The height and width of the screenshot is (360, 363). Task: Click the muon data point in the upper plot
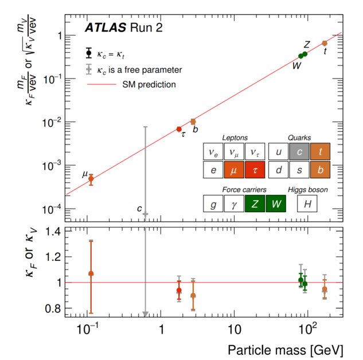tap(91, 178)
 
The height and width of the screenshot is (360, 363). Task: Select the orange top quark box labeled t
tap(318, 152)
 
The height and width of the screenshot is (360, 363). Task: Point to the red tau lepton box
tap(254, 170)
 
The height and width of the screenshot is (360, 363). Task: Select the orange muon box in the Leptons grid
tap(233, 170)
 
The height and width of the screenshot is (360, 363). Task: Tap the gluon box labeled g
tap(213, 203)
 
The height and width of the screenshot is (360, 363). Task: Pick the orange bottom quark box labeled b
tap(318, 170)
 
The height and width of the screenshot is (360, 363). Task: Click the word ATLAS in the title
tap(105, 28)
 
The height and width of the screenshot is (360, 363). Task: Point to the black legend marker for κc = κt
tap(88, 54)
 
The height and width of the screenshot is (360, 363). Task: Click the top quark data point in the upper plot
tap(325, 43)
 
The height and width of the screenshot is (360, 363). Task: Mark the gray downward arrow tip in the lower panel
tap(146, 314)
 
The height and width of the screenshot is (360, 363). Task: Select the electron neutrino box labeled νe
tap(213, 152)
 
